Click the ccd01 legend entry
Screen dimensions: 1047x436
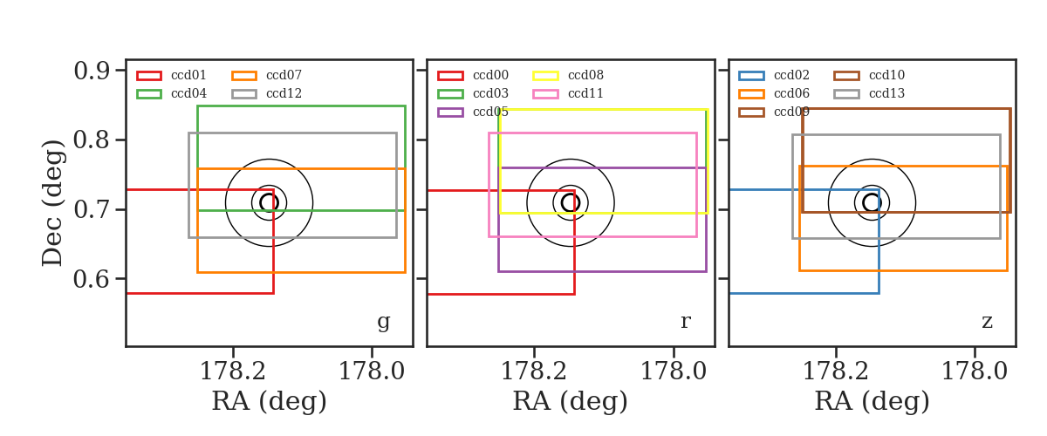(x=171, y=75)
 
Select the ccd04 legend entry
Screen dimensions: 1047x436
(x=171, y=93)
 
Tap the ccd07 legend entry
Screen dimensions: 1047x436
(x=266, y=75)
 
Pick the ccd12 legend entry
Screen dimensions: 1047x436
(x=266, y=93)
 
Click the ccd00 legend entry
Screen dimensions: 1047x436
(x=473, y=75)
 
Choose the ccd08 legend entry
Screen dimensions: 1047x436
(x=568, y=75)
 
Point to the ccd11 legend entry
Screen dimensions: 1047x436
(x=568, y=93)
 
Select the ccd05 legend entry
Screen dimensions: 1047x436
(x=473, y=112)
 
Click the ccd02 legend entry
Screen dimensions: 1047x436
(x=774, y=75)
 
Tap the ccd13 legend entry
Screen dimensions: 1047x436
(x=869, y=93)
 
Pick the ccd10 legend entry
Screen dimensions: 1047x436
(x=869, y=75)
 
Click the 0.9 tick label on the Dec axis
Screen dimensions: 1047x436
(x=92, y=71)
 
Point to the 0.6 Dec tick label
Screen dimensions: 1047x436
(x=92, y=279)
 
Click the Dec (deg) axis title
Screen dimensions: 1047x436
(x=51, y=203)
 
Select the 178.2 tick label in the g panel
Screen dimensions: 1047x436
(x=233, y=371)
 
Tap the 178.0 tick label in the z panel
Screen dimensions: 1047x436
(x=975, y=371)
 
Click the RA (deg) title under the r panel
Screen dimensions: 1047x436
(x=571, y=401)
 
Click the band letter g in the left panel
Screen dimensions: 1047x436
(x=384, y=322)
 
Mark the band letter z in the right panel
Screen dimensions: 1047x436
(x=987, y=322)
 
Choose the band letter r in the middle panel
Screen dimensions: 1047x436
(x=685, y=322)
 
